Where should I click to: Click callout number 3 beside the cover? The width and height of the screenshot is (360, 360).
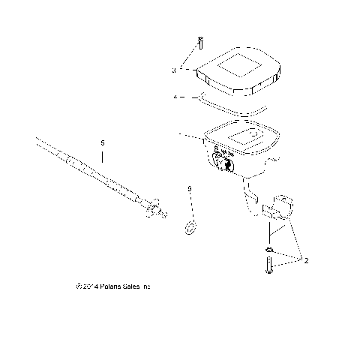pos(173,70)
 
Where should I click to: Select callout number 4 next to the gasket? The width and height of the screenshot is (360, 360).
pos(174,97)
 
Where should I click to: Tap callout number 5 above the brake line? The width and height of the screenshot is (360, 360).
pos(103,140)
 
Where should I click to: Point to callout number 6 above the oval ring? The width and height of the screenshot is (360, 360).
pos(190,188)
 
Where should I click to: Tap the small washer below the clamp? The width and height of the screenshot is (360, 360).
pos(268,248)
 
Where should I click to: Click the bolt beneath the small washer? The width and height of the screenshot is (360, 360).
pos(268,265)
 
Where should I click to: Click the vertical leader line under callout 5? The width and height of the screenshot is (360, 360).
pos(103,156)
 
